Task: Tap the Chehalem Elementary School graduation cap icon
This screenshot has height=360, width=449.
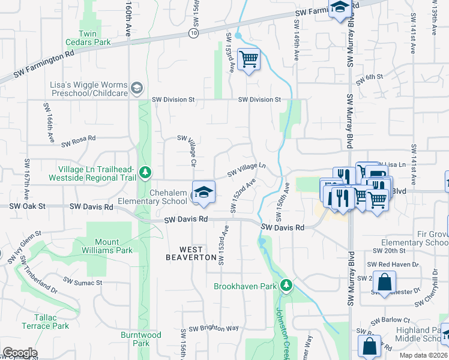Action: [203, 192]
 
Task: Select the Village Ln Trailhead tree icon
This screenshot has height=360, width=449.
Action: [145, 173]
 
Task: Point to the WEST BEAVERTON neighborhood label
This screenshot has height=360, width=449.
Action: [191, 253]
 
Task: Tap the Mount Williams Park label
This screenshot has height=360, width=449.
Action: [107, 247]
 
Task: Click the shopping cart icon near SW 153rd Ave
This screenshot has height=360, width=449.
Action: [249, 59]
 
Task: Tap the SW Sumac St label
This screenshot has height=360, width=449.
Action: [83, 281]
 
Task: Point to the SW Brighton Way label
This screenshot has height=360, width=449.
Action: [214, 329]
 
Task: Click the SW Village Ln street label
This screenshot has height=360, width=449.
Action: [246, 170]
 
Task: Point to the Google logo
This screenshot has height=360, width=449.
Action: [20, 353]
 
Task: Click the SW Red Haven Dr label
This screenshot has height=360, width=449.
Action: [393, 264]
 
